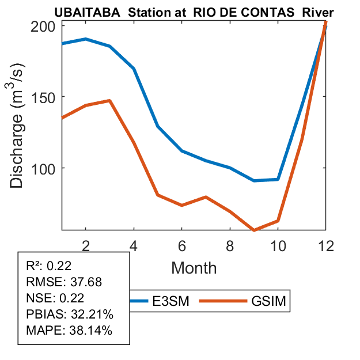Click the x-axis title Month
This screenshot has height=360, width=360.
tap(194, 267)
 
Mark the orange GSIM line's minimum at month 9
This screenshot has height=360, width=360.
tap(254, 230)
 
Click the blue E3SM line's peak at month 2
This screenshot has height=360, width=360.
tap(85, 39)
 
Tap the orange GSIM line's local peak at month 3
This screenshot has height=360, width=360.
tap(109, 101)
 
